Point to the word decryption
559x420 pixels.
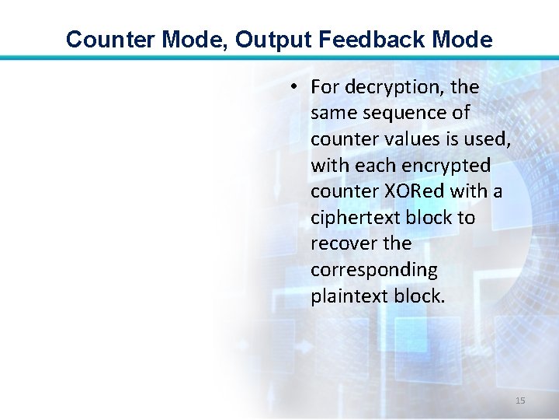tap(393, 87)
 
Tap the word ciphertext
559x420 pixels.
tap(352, 218)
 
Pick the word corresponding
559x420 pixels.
tap(373, 270)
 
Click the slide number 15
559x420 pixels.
tap(520, 401)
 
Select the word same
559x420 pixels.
tap(332, 113)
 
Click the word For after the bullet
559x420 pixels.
tap(325, 87)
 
